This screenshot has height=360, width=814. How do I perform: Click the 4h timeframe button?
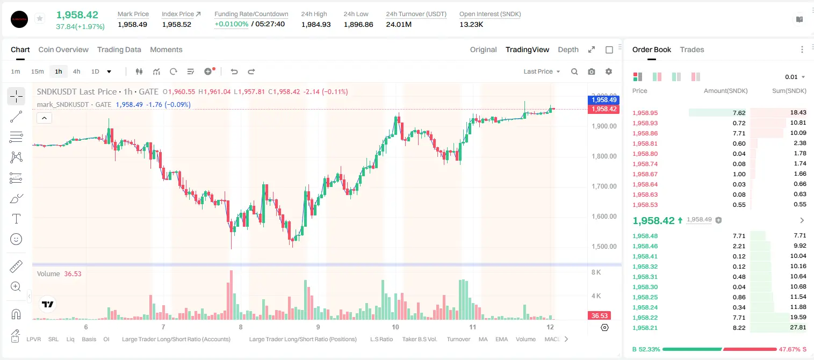tap(76, 71)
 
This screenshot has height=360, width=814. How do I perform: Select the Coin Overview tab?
tap(63, 49)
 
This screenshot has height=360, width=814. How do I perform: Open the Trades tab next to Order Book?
tap(692, 49)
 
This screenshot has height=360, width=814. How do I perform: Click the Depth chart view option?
tap(568, 49)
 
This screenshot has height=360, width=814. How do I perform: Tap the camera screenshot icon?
tap(592, 71)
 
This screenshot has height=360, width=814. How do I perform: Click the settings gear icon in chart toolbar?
tap(609, 71)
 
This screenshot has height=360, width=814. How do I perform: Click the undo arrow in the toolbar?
tap(234, 71)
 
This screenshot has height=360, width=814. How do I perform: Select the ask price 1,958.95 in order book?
tap(645, 113)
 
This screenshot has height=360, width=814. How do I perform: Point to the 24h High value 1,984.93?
tap(316, 24)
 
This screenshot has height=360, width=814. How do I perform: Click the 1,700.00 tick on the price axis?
tap(604, 186)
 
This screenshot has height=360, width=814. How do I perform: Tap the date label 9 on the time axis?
tap(318, 327)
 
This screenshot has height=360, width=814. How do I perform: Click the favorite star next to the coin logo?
tap(40, 18)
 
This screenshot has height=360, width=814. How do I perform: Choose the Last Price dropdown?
tap(542, 71)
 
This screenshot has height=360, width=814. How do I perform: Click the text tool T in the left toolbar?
tap(16, 219)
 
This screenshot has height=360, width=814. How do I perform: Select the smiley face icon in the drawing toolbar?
tap(16, 239)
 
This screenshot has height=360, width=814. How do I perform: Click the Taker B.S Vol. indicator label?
tap(419, 339)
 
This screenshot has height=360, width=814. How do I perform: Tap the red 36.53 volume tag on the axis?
tap(599, 316)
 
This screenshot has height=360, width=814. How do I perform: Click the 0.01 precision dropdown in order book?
tap(795, 77)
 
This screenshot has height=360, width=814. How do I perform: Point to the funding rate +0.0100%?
tap(231, 24)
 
